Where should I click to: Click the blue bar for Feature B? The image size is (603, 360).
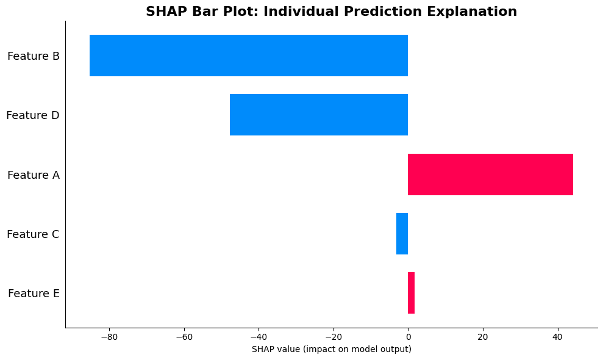click(249, 56)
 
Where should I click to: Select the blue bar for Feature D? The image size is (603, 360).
click(319, 115)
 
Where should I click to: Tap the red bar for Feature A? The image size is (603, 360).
click(490, 175)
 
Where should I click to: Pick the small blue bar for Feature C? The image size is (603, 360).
click(402, 234)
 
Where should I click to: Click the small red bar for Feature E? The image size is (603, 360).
click(411, 293)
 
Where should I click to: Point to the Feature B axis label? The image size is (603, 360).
click(34, 56)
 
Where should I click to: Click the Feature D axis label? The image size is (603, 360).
click(33, 115)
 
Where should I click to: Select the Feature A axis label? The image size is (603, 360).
click(34, 175)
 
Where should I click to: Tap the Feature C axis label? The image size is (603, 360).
click(33, 234)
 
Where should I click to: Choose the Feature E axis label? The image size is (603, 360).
click(34, 293)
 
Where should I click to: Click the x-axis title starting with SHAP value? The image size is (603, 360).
click(331, 349)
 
